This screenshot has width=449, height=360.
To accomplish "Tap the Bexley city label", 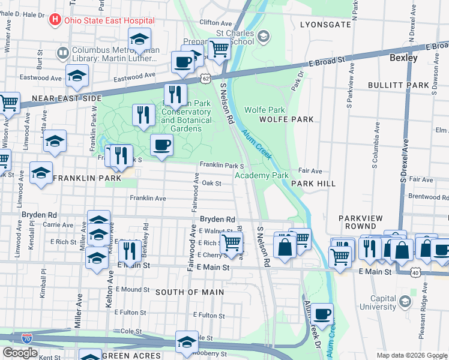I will (x=403, y=58).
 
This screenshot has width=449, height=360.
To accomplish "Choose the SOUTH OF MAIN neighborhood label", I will (x=190, y=292).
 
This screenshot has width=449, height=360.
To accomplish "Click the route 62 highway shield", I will (x=206, y=79).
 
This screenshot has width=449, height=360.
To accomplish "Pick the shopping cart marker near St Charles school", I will (x=219, y=49).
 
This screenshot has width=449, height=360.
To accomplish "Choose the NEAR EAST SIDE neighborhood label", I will (x=67, y=98).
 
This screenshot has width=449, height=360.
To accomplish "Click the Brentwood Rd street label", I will (x=429, y=196).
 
